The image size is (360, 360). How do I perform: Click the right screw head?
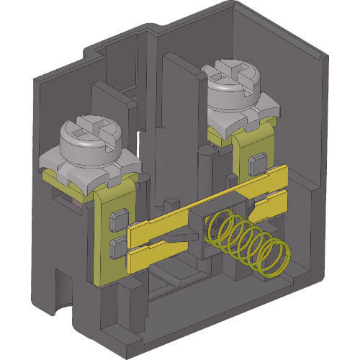(x=233, y=79)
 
